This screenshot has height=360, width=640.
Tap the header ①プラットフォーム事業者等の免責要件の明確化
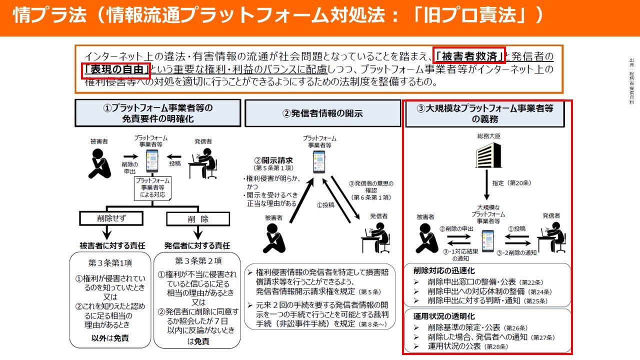click(157, 113)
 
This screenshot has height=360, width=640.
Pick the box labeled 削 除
click(197, 219)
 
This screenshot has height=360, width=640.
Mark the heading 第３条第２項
click(198, 261)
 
